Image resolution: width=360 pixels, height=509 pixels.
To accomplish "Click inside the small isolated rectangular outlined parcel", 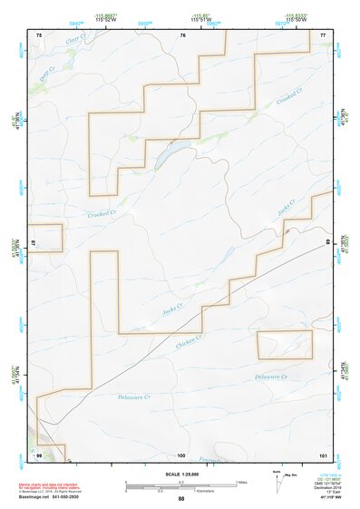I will pos(284,344).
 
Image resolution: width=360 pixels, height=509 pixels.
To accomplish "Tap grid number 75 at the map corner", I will pos(39,34).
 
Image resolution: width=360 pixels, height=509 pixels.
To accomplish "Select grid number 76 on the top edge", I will pos(182,34).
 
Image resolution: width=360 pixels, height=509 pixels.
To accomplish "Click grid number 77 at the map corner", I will pos(323,34).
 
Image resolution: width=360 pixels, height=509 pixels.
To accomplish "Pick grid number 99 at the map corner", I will pos(39,455).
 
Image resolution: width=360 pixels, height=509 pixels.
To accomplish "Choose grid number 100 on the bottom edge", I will pos(180,455).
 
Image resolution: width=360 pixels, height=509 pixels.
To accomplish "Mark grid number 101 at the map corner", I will pos(322,455).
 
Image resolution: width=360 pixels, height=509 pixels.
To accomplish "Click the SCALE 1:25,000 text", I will pos(180,475).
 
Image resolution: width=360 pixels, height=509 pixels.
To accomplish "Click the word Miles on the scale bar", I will pos(241,482).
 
